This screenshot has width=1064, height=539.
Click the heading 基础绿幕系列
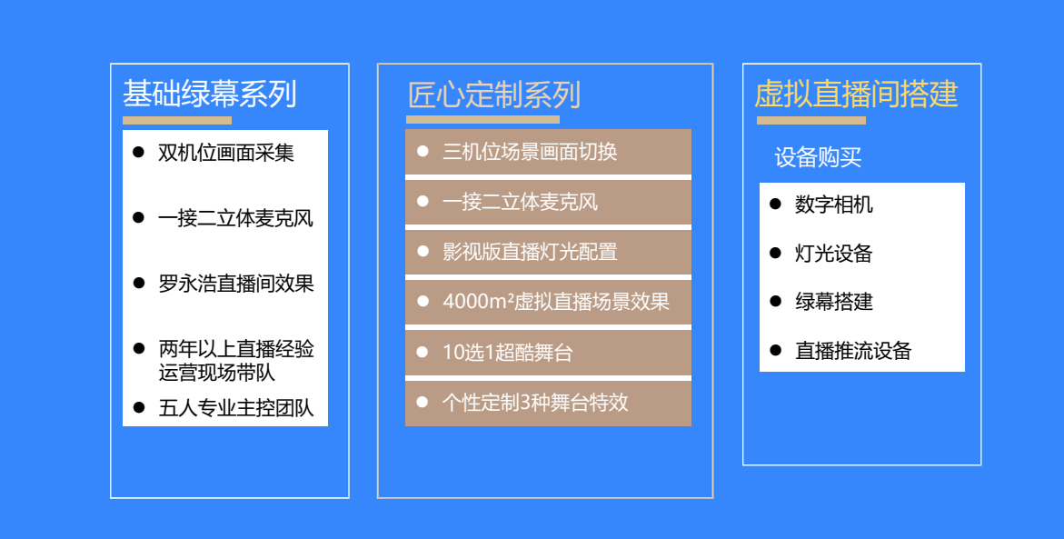coord(210,94)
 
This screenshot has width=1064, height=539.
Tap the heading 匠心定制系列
coord(494,95)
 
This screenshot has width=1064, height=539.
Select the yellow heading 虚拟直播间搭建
coord(856,94)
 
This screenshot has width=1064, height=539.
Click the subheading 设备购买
coord(818,157)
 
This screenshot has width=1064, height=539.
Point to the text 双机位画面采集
coord(226,153)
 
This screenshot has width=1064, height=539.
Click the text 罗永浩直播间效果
coord(236,283)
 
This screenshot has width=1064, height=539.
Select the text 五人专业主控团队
coord(236,407)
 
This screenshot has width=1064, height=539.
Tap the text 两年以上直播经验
coord(236,349)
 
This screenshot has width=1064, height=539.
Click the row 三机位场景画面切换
coord(548,152)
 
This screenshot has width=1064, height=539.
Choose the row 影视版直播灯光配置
coord(548,252)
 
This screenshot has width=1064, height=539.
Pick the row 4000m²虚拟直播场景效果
coord(548,302)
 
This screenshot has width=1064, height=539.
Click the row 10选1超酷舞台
coord(548,353)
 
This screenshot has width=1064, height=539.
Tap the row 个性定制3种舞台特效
coord(548,404)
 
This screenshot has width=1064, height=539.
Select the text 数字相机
coord(834,205)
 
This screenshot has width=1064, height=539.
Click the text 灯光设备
coord(834,254)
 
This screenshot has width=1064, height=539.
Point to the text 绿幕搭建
coord(834,302)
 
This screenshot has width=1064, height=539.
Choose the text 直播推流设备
coord(853,350)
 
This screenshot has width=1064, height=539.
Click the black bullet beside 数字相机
coord(776,204)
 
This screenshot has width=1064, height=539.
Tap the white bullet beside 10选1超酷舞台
coord(423,352)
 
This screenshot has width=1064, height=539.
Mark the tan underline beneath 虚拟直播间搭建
coord(810,121)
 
